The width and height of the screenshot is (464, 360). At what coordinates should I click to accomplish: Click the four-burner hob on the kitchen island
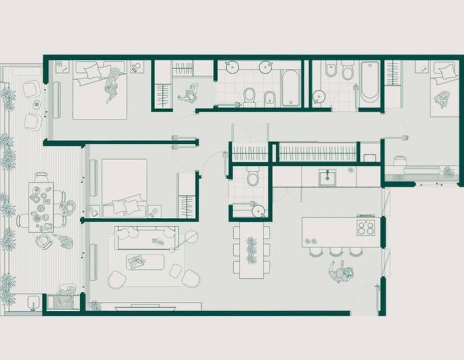pos(366,228)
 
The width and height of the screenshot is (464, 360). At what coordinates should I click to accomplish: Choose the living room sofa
pos(147,238)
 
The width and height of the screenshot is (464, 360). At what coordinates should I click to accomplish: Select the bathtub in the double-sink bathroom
pos(291,87)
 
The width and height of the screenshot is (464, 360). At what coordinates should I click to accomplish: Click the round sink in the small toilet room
pos(257,211)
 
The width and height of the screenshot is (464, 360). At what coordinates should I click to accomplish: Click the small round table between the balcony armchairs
pos(36,104)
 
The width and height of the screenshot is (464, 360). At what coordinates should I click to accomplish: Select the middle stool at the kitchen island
pos(336,251)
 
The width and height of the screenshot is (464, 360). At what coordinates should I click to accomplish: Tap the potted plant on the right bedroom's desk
pos(448,172)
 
